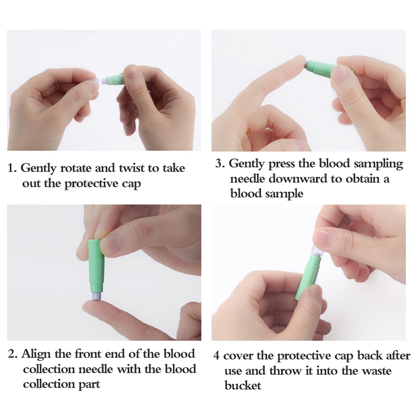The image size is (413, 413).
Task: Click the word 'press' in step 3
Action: (x=281, y=164)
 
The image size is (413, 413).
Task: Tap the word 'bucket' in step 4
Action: (x=243, y=385)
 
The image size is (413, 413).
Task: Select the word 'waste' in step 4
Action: (x=376, y=371)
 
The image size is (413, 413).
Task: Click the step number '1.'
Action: (x=12, y=169)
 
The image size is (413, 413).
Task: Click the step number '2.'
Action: (x=12, y=354)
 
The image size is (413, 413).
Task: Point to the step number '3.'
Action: (x=220, y=164)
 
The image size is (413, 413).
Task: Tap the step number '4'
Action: (x=216, y=356)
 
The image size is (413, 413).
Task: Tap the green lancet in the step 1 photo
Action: (x=113, y=80)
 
